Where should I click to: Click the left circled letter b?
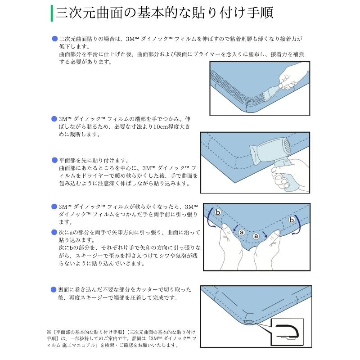click(x=218, y=212)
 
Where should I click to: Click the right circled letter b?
click(x=292, y=220)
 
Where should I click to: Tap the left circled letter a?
click(x=241, y=233)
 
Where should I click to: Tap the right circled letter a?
click(x=256, y=236)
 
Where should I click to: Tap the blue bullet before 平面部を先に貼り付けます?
click(x=54, y=160)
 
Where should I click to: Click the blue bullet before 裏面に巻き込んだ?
click(x=54, y=290)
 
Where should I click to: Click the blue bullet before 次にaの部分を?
click(x=54, y=232)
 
